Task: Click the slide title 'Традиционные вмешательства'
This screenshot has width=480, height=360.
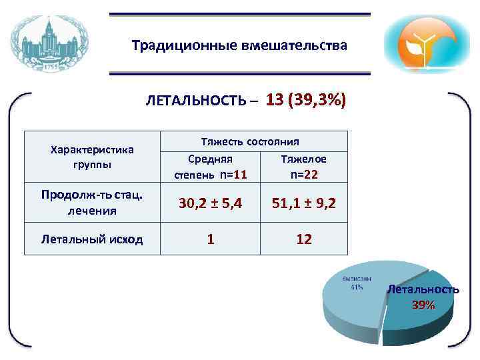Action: point(239,46)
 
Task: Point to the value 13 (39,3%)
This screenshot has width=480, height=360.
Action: point(305,100)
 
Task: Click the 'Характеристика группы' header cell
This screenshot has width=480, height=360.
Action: point(92,157)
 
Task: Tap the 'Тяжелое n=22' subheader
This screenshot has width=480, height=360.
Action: point(303,167)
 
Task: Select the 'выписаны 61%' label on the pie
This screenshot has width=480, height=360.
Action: point(357,283)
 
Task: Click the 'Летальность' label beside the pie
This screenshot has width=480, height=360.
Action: point(423,289)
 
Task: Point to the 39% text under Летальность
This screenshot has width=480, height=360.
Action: point(423,305)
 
